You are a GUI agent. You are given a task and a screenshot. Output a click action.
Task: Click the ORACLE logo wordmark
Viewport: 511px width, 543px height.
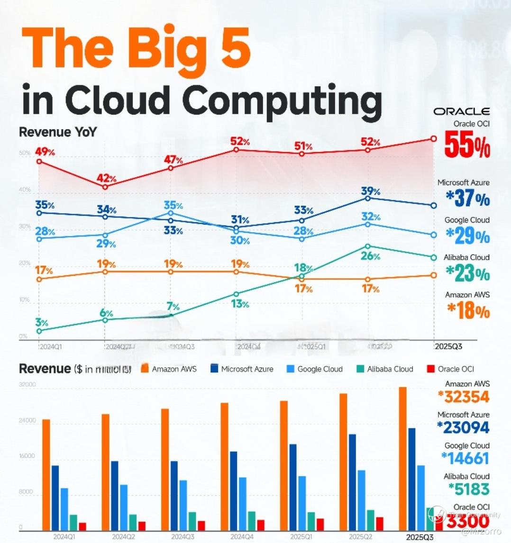coord(461,111)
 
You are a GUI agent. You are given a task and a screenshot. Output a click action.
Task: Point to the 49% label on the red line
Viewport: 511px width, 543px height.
coord(45,152)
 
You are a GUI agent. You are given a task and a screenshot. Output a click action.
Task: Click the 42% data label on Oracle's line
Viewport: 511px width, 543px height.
coord(106,179)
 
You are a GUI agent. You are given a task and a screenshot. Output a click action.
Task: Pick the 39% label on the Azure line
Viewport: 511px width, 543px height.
coord(370,191)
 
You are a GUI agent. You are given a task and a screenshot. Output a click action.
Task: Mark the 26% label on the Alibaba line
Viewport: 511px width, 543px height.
coord(370,256)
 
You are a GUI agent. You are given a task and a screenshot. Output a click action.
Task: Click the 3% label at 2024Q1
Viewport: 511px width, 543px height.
coord(41,323)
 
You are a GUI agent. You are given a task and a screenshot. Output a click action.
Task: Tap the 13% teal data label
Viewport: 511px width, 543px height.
coord(240,304)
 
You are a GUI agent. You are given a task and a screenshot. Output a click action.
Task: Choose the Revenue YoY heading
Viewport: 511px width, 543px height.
coord(57,132)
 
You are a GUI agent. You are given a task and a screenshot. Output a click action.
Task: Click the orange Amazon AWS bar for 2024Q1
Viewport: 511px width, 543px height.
coord(46,474)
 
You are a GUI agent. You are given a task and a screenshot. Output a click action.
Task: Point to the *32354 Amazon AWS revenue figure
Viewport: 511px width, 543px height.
coord(463,397)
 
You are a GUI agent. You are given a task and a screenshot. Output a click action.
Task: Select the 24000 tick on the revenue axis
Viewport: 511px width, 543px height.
coord(27,421)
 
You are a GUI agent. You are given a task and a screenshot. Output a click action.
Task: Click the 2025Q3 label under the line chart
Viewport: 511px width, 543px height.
coord(448,347)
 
